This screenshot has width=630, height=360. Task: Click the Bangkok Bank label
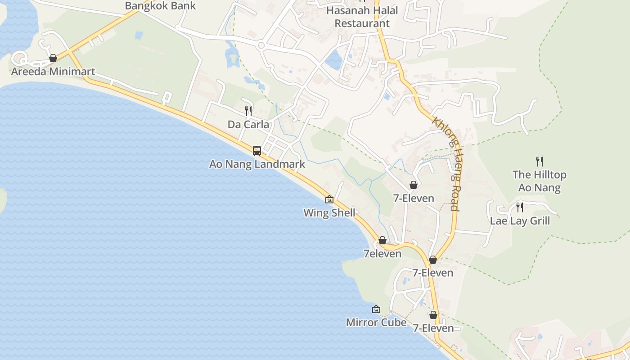pyautogui.click(x=160, y=6)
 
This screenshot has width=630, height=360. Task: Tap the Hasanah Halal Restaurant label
pyautogui.click(x=362, y=17)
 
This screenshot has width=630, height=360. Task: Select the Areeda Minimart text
pyautogui.click(x=53, y=71)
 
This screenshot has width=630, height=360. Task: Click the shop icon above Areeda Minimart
pyautogui.click(x=53, y=58)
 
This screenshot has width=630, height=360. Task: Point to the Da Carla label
pyautogui.click(x=248, y=125)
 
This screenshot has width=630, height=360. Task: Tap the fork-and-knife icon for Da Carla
pyautogui.click(x=248, y=111)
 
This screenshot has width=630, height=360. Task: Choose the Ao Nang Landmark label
pyautogui.click(x=257, y=164)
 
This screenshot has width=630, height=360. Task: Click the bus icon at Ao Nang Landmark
pyautogui.click(x=257, y=151)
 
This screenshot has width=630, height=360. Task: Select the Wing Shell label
pyautogui.click(x=329, y=213)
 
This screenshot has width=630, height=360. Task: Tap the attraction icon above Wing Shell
pyautogui.click(x=329, y=199)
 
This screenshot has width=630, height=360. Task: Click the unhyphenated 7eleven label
pyautogui.click(x=382, y=254)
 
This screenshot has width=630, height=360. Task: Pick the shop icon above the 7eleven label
pyautogui.click(x=382, y=241)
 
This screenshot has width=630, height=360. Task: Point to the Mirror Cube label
pyautogui.click(x=376, y=323)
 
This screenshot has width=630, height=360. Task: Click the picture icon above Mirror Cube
pyautogui.click(x=376, y=309)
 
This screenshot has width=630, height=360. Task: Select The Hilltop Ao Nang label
pyautogui.click(x=539, y=181)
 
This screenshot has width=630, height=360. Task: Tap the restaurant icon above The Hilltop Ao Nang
pyautogui.click(x=539, y=161)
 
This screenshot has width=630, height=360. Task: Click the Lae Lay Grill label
pyautogui.click(x=520, y=221)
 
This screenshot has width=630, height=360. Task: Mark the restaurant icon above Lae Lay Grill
pyautogui.click(x=520, y=207)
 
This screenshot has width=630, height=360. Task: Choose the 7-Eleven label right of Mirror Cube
pyautogui.click(x=433, y=328)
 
